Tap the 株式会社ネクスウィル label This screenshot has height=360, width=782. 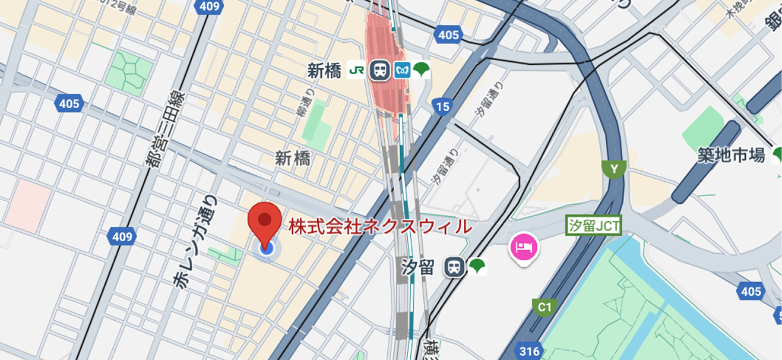pos(381,226)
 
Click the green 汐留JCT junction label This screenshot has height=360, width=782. pos(594,226)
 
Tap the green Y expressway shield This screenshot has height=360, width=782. pos(613,169)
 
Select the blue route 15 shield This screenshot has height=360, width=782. pos(442,106)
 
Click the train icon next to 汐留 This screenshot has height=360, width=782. pos(455,267)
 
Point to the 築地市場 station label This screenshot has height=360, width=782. pos(732,156)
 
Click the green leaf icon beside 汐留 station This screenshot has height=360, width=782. pos(477,267)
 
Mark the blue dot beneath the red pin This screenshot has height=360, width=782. pos(267,248)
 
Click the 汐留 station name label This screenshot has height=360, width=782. pos(418,267)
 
